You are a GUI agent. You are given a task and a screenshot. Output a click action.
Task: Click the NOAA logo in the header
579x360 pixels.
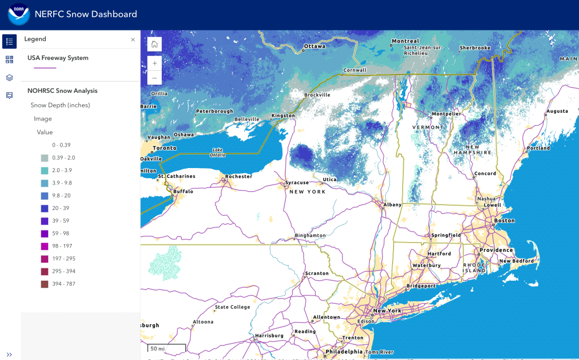tap(18, 14)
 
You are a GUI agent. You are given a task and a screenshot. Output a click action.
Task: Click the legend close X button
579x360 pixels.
tap(133, 40)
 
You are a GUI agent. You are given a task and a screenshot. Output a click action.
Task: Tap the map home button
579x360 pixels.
tap(155, 44)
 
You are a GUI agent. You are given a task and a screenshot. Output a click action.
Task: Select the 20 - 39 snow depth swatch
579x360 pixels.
tap(44, 208)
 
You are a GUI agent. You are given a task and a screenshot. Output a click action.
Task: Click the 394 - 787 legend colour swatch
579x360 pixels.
tap(44, 284)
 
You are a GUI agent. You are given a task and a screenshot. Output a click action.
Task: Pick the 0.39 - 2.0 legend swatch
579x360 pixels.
tap(44, 158)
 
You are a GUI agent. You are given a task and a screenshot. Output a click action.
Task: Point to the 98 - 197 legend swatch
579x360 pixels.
tap(44, 246)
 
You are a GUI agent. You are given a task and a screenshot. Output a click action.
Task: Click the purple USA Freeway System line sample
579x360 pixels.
tap(45, 68)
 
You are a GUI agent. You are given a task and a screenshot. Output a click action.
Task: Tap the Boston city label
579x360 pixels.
tap(504, 221)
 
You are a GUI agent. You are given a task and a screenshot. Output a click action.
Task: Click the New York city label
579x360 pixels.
tap(387, 311)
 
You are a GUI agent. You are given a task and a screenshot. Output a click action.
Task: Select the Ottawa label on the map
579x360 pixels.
tap(315, 46)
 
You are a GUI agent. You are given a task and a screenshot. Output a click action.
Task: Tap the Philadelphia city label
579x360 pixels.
tap(344, 352)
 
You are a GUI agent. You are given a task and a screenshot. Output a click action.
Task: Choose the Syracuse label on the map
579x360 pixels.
tap(297, 182)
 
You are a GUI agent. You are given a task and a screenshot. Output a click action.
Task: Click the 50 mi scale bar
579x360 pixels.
tap(166, 348)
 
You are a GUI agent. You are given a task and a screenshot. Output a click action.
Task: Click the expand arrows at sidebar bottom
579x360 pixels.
tap(9, 354)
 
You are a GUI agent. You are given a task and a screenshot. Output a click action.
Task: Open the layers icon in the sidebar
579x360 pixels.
tap(9, 78)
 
